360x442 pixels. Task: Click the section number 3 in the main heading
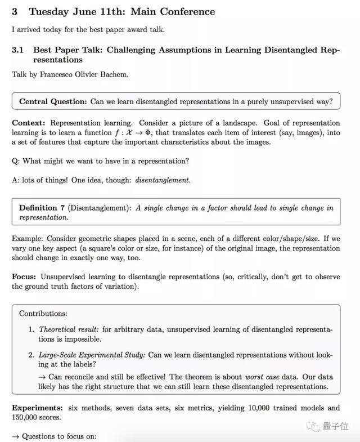click(15, 11)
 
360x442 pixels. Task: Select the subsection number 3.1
click(17, 50)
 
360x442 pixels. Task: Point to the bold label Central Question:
click(53, 101)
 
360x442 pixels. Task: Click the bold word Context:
click(29, 123)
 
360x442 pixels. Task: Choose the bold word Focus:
click(25, 276)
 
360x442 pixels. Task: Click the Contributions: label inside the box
click(43, 313)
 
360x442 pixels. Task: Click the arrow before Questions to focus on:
click(15, 436)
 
